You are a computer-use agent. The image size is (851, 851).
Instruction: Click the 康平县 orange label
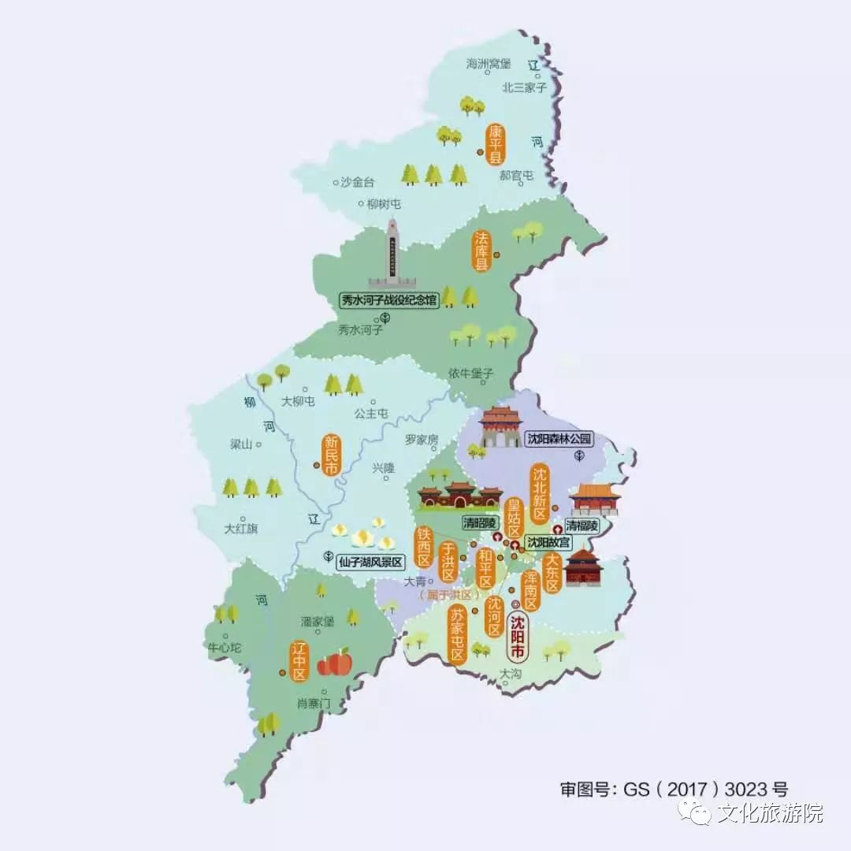pos(496,144)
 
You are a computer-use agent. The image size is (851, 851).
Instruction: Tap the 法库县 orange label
pos(481,251)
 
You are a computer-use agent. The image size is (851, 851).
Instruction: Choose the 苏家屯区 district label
pos(457,634)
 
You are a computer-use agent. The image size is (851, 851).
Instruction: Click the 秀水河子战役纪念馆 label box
pos(388,299)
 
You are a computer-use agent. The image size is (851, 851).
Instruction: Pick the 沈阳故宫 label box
pos(548,542)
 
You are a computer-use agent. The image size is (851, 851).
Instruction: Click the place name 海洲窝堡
pos(489,63)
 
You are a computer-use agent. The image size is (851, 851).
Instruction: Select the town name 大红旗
pos(240,529)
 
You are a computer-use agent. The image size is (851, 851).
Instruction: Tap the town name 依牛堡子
pos(471,373)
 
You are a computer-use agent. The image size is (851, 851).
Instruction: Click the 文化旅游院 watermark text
pos(769,812)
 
